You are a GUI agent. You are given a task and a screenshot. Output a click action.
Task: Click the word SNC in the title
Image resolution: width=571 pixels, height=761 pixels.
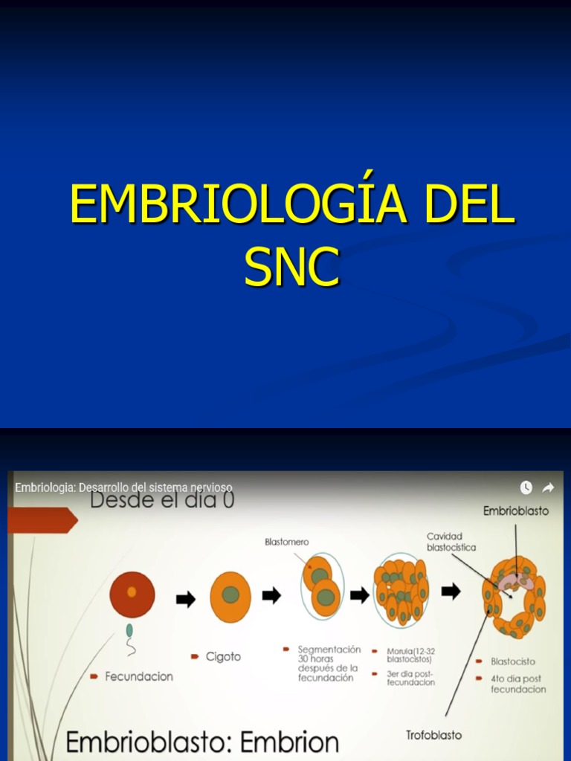tap(292, 268)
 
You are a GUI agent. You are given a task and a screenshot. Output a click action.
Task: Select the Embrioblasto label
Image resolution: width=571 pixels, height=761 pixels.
tap(515, 511)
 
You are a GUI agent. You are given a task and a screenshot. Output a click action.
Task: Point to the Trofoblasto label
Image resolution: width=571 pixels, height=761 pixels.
tap(433, 735)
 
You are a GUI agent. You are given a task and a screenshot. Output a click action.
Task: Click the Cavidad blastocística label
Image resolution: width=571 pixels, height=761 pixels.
tap(451, 541)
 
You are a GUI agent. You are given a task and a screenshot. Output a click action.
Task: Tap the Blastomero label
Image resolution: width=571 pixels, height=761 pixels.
tap(286, 542)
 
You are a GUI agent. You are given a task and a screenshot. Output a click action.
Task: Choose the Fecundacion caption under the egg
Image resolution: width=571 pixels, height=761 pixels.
tap(138, 676)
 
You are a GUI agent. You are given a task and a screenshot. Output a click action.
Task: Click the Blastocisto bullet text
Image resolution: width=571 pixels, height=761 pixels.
tap(512, 661)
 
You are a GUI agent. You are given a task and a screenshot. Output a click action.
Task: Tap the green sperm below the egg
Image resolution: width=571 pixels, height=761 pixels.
tap(130, 632)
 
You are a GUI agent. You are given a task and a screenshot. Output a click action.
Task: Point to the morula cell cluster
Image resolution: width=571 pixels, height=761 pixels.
tap(401, 592)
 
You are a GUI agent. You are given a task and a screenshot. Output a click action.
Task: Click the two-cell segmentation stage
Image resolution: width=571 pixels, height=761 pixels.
tap(321, 586)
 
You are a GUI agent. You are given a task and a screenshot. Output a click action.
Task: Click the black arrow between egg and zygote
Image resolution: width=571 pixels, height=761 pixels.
tap(186, 599)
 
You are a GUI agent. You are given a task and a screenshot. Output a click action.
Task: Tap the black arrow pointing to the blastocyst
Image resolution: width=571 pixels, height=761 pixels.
tap(451, 592)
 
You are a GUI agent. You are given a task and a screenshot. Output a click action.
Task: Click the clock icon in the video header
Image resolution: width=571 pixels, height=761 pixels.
tap(526, 488)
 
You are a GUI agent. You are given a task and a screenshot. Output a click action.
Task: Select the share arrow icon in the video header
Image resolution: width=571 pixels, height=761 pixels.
tap(548, 488)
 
